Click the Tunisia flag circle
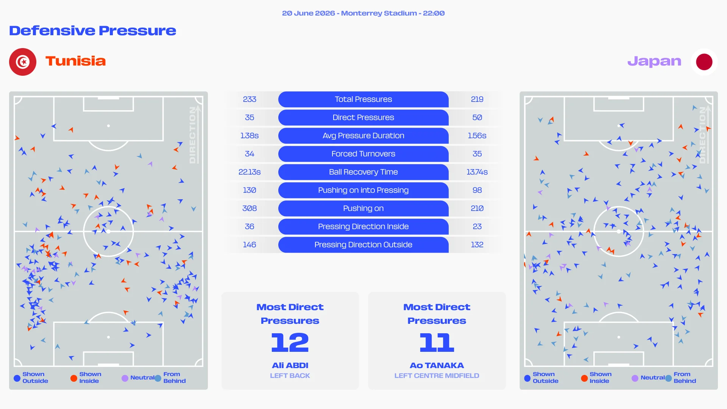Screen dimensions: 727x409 pos(23,62)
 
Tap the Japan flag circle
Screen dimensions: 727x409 pos(704,62)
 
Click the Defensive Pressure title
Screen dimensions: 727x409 pos(93,30)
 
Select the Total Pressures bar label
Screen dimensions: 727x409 pos(363,99)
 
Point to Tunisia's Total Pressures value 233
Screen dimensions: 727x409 pos(250,99)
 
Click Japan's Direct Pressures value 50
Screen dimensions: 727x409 pos(477,117)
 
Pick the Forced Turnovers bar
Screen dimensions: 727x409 pos(363,154)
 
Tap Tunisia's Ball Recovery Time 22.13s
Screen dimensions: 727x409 pos(250,172)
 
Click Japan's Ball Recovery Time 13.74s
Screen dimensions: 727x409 pos(477,172)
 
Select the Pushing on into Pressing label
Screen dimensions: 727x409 pos(363,190)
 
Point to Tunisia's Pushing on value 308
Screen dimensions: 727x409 pos(250,208)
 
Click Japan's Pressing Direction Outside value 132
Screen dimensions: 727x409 pos(477,245)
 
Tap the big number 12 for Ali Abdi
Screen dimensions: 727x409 pos(290,342)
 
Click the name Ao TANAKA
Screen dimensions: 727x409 pos(437,365)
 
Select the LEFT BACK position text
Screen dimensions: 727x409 pos(290,376)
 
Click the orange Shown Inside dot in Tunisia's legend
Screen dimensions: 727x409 pos(74,378)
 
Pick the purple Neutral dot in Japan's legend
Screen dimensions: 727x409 pos(635,378)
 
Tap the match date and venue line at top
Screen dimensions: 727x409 pos(363,13)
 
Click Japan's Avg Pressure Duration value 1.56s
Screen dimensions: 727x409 pos(477,136)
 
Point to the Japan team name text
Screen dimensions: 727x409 pos(654,61)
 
